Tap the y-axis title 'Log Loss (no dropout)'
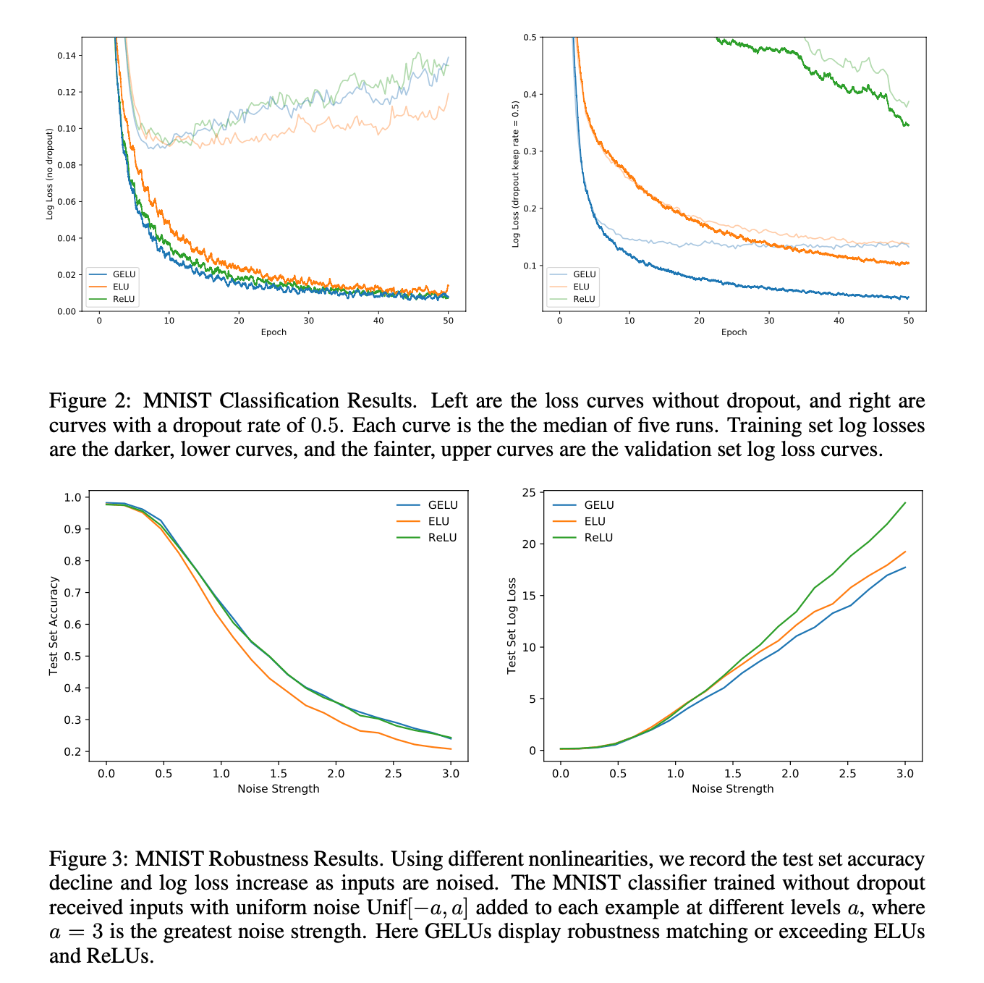(50, 174)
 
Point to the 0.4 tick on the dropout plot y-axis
(531, 94)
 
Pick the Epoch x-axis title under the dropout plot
(734, 332)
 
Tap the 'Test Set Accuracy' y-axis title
(54, 626)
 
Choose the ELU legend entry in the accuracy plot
(438, 521)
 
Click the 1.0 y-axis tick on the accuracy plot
(72, 497)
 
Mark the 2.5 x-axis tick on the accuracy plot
(393, 773)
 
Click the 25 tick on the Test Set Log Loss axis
(529, 493)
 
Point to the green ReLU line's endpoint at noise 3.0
(904, 503)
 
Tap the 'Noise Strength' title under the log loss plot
(732, 788)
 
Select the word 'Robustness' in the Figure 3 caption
(336, 859)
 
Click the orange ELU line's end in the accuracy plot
(450, 748)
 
